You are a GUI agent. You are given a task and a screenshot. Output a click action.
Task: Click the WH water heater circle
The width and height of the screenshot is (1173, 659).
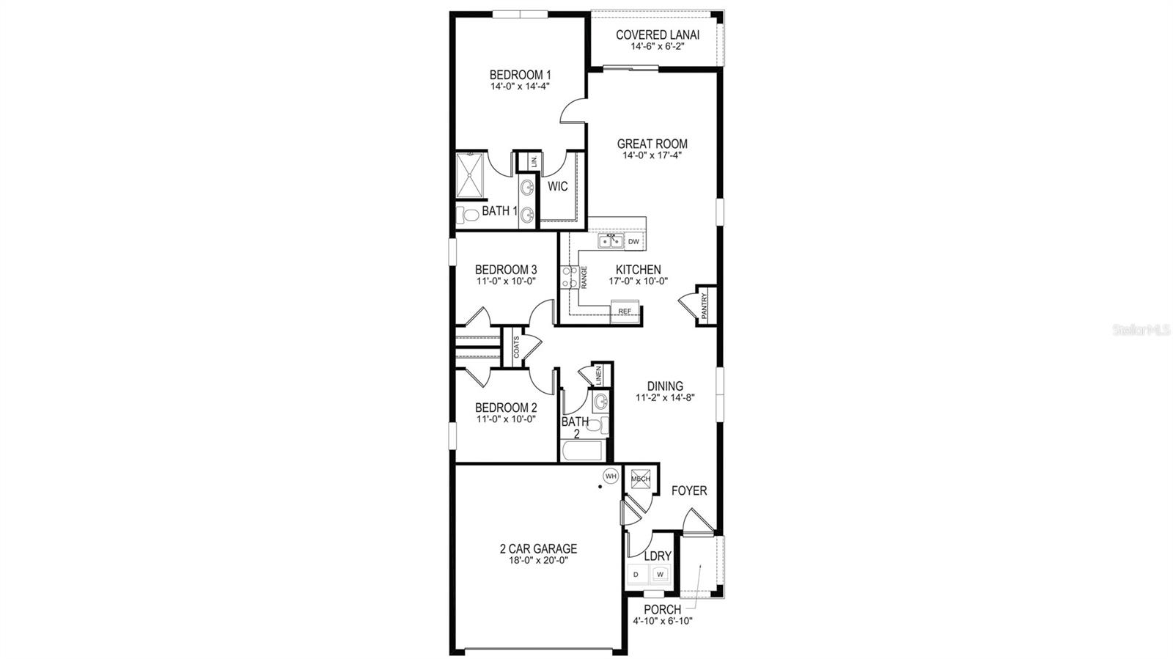click(611, 476)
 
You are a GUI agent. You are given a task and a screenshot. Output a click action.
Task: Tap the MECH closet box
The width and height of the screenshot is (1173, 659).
click(640, 479)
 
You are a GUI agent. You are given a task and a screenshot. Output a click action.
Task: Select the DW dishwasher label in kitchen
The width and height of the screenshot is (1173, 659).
click(633, 241)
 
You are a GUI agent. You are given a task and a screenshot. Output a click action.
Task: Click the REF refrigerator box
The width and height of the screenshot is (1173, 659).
click(625, 311)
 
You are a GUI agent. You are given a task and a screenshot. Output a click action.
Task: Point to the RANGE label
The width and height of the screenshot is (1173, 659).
click(584, 276)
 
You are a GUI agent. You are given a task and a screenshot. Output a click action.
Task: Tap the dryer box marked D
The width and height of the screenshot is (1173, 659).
click(636, 574)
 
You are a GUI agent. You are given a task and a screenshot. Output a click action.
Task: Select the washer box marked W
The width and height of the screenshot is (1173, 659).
click(660, 574)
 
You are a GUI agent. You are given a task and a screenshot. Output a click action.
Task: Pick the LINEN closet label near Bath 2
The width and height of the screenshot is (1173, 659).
click(599, 375)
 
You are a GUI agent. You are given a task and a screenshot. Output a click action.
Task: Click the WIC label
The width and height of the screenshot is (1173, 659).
click(558, 187)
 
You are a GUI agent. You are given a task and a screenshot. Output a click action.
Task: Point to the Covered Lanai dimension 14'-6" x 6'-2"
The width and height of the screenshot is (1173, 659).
click(657, 46)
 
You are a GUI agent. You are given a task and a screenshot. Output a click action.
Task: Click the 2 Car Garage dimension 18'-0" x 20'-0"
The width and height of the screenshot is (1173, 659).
click(534, 560)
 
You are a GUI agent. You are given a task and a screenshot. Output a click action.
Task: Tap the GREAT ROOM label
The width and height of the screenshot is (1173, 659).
click(652, 144)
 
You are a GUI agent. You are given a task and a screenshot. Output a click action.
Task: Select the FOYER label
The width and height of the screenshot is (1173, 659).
click(689, 490)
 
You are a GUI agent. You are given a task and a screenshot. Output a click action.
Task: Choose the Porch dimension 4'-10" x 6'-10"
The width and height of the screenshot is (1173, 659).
click(662, 621)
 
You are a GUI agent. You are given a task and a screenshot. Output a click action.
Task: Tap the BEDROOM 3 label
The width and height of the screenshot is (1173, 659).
click(506, 269)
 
